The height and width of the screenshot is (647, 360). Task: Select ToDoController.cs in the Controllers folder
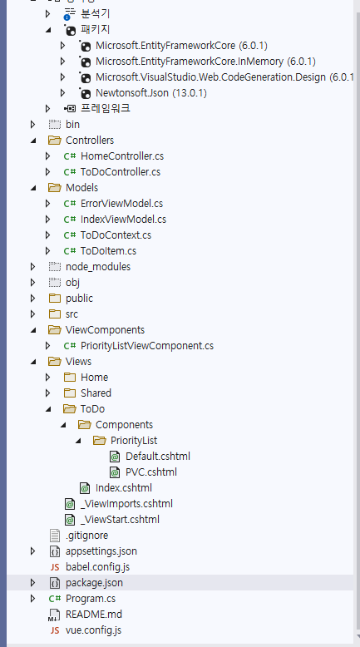point(120,171)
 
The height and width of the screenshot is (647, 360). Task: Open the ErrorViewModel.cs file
point(121,203)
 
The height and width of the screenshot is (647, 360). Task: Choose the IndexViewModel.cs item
point(123,219)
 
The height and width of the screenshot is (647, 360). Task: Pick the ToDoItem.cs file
point(108,250)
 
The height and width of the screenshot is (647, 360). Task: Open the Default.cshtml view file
point(157,456)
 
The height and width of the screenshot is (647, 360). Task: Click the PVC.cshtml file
point(150,472)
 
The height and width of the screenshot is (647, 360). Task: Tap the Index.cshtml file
point(123,487)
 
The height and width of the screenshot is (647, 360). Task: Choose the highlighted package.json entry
point(94,582)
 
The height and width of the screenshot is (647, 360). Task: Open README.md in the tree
point(94,614)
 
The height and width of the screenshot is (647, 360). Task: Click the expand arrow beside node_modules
point(32,266)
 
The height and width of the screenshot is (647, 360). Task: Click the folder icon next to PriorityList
point(99,440)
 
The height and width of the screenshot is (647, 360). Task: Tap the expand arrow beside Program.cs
point(32,598)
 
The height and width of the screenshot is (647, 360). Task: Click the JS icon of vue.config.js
point(55,630)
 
